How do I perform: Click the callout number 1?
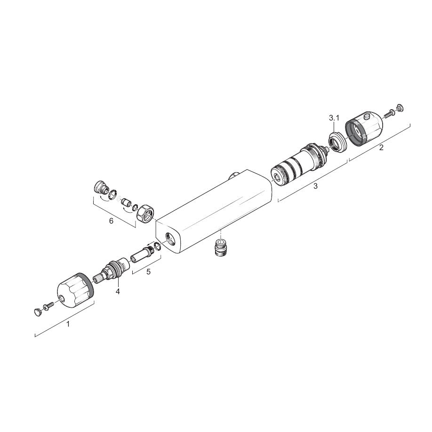coord(68,323)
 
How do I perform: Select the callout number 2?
coord(381,148)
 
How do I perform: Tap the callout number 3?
coord(315,186)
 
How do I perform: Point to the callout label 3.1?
coord(334,118)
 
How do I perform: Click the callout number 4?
coord(118,291)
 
